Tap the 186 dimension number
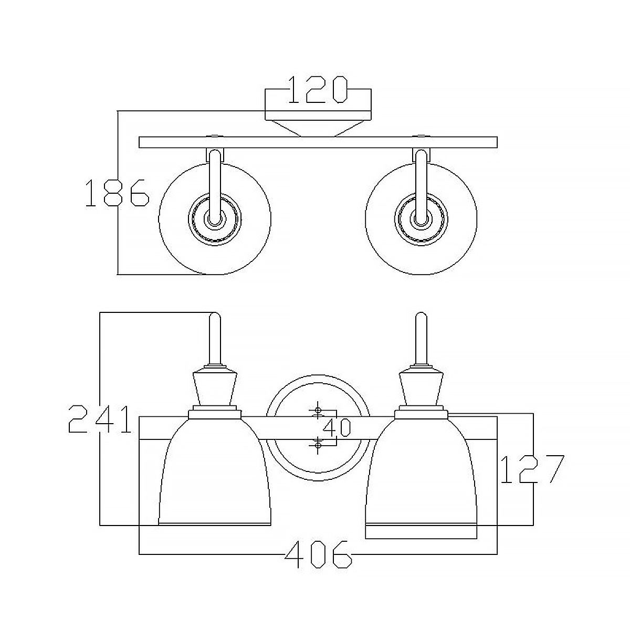(x=117, y=193)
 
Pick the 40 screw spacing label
(x=337, y=428)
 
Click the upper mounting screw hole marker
(x=318, y=409)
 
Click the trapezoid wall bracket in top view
(x=318, y=128)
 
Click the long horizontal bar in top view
(x=318, y=142)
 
